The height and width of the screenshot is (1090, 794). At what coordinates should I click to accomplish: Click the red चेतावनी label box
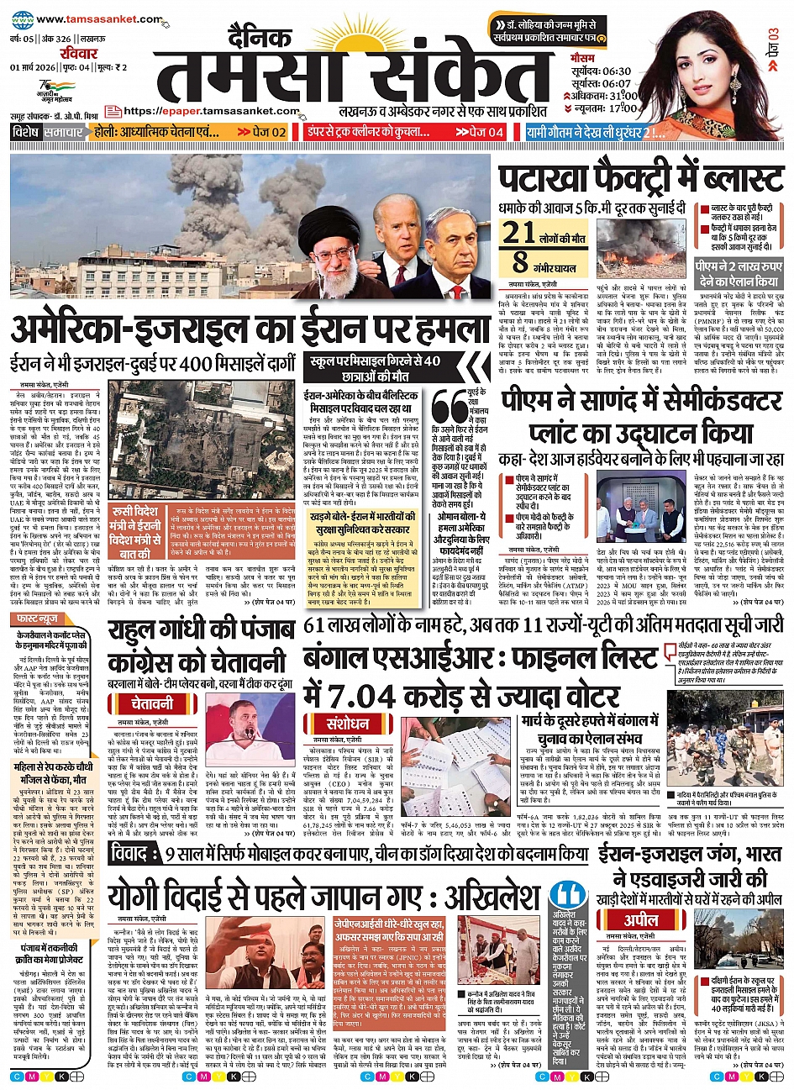151,703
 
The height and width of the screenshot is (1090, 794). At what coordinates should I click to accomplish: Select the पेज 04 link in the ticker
479,132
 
